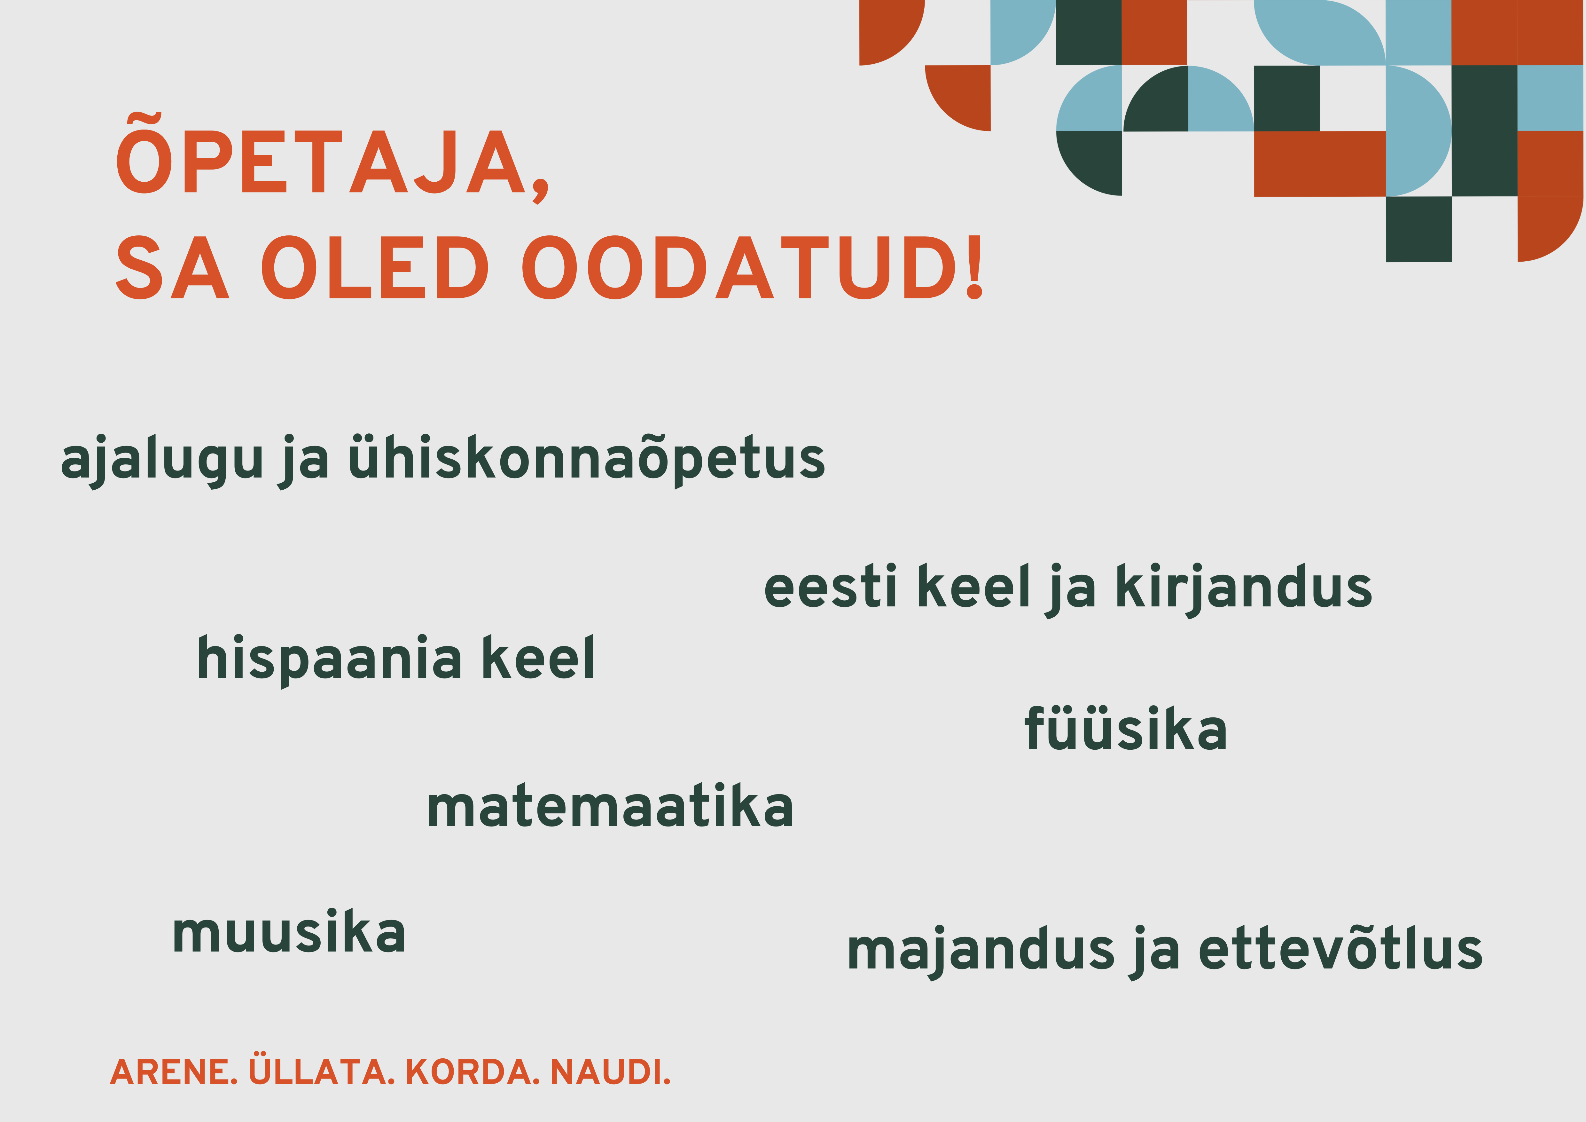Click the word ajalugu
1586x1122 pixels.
[x=162, y=459]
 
